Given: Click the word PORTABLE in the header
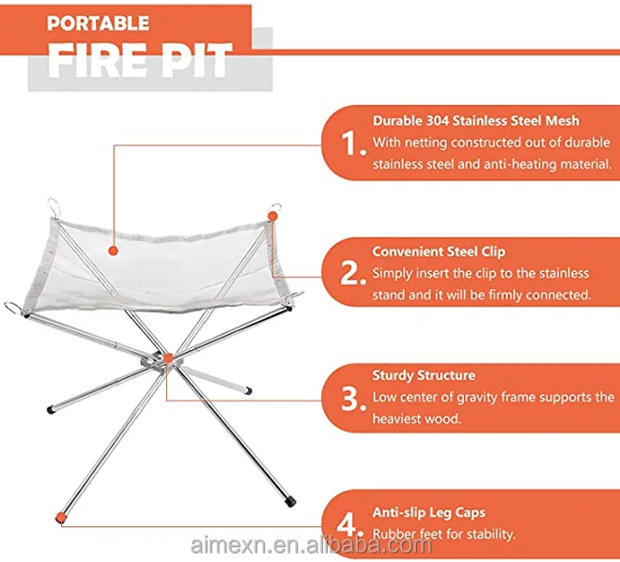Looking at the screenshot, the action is tap(99, 23).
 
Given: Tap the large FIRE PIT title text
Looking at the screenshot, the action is tap(140, 60).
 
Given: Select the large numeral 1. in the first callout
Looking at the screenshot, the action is tap(353, 143).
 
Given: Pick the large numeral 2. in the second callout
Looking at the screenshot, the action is tap(353, 273).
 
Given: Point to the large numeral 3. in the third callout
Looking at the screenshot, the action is tap(353, 399).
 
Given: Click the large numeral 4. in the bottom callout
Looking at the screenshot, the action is tap(350, 524).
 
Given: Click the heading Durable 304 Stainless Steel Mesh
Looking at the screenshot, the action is tap(476, 120).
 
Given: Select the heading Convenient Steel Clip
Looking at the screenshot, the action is tap(439, 251).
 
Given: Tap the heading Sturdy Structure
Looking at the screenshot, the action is tap(424, 375).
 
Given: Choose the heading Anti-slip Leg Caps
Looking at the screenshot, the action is tap(429, 512).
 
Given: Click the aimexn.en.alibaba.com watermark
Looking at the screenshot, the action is tap(311, 545).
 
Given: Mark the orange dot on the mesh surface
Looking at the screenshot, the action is tap(114, 251).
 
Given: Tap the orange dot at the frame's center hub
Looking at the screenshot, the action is tap(168, 358).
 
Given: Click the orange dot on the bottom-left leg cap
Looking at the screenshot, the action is tap(60, 517).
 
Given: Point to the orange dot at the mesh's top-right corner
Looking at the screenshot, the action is tap(272, 216).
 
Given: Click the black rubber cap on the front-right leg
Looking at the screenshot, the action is tap(290, 501).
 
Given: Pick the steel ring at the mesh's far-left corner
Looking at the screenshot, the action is tap(12, 307).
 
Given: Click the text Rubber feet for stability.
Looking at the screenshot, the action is tap(444, 534).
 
